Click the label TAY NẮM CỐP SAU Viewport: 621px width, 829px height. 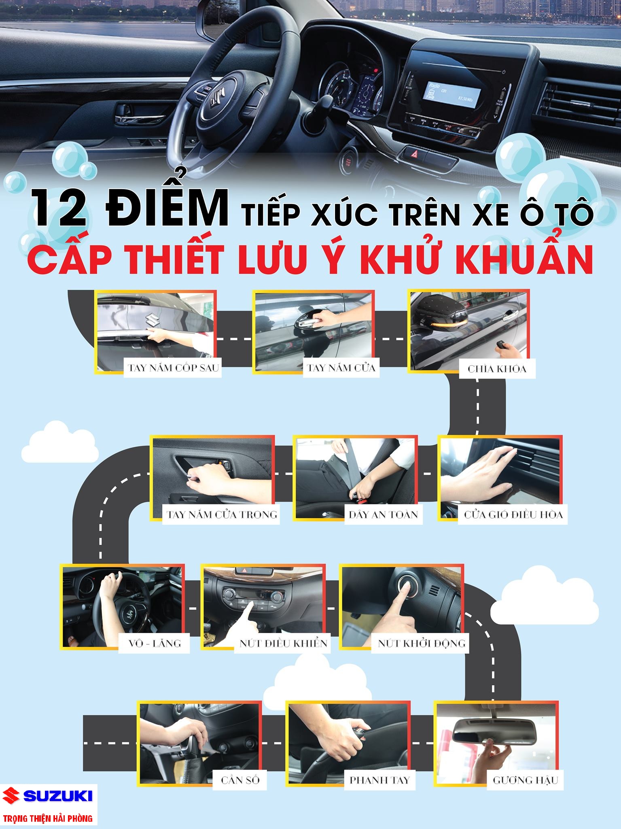173,368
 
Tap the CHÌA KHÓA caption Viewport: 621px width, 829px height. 497,369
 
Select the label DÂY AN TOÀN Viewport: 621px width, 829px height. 383,514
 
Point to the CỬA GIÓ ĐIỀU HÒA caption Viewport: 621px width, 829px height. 513,515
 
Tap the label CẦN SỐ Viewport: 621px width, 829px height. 240,780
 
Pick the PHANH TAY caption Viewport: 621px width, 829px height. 379,780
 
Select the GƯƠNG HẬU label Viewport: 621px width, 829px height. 526,780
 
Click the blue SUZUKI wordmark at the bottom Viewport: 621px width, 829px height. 58,796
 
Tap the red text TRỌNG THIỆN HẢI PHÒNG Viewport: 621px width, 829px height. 47,818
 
